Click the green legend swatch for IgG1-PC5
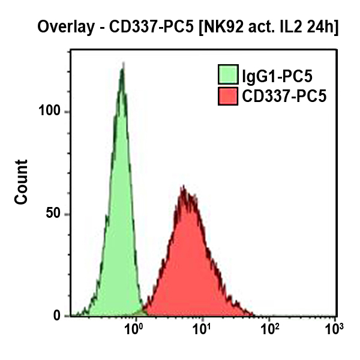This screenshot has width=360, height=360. click(x=227, y=76)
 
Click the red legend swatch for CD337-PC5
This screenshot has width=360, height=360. click(x=227, y=95)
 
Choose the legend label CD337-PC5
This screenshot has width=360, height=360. click(x=284, y=95)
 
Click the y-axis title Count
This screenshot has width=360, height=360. click(x=22, y=182)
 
